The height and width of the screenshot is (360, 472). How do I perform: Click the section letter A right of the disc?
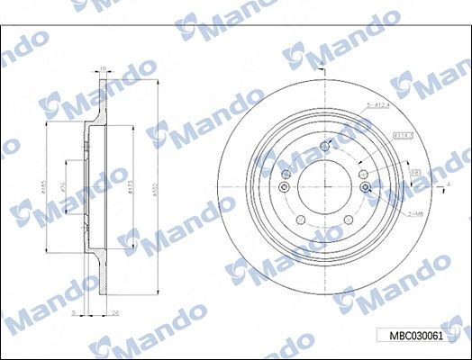448,184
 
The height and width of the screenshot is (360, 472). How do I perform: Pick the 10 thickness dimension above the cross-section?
102,68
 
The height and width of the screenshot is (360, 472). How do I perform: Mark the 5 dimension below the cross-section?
72,312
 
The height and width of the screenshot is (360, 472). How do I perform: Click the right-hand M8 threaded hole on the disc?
366,187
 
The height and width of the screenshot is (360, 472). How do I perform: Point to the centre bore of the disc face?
324,185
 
